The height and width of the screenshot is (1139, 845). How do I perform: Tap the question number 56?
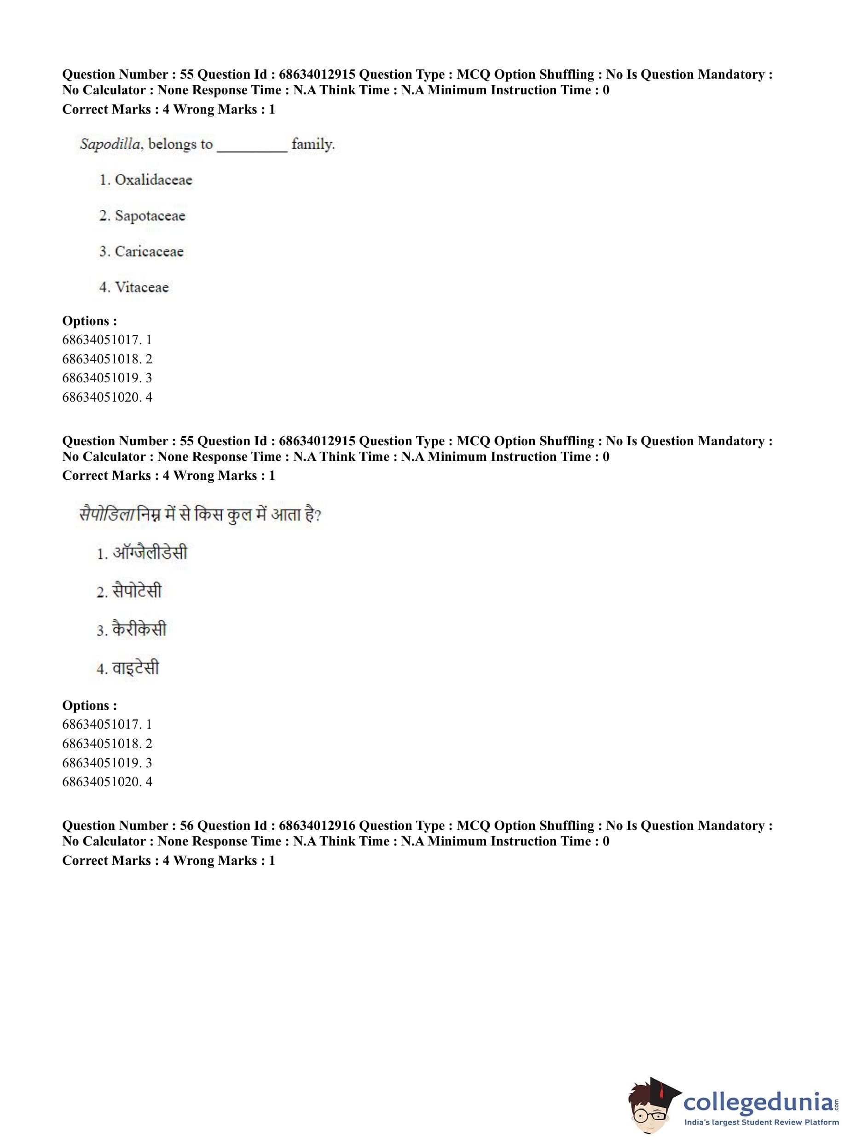point(187,826)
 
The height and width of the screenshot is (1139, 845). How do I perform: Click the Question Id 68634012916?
point(317,826)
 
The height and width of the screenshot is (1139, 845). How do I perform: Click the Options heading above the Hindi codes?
point(89,706)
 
